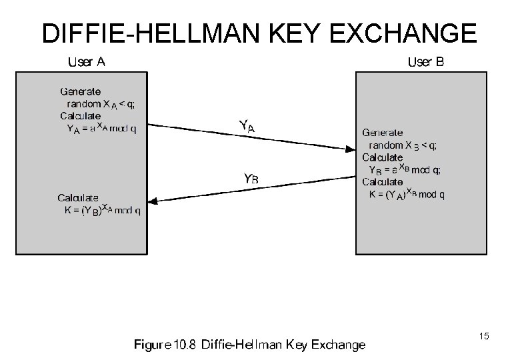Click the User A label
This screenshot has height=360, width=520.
pyautogui.click(x=87, y=63)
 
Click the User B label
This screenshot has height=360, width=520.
pyautogui.click(x=425, y=63)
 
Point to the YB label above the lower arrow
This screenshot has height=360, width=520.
pyautogui.click(x=251, y=179)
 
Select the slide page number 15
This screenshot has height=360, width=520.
pyautogui.click(x=483, y=337)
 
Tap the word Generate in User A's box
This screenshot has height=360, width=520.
pyautogui.click(x=80, y=91)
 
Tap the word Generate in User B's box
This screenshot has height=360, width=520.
pyautogui.click(x=382, y=133)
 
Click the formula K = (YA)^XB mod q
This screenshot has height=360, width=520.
pyautogui.click(x=407, y=195)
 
